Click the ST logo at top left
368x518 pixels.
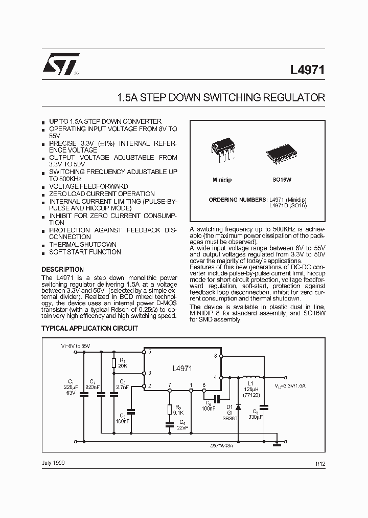coord(60,64)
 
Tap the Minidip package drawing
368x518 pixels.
coord(222,150)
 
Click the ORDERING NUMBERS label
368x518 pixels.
coord(238,199)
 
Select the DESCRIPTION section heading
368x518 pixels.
coord(62,269)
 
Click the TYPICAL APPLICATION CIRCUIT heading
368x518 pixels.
coord(89,328)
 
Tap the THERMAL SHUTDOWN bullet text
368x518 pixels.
coord(82,245)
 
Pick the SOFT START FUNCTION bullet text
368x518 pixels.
coord(85,252)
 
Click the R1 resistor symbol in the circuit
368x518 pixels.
coord(114,363)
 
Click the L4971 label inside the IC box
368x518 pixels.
coord(182,368)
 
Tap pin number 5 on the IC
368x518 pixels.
coord(149,352)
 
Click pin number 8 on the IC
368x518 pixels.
coord(215,355)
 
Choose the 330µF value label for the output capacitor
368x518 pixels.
coord(257,418)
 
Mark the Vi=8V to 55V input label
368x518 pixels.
coord(76,347)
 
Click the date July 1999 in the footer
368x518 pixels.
coord(53,463)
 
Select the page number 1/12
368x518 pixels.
coord(320,463)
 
